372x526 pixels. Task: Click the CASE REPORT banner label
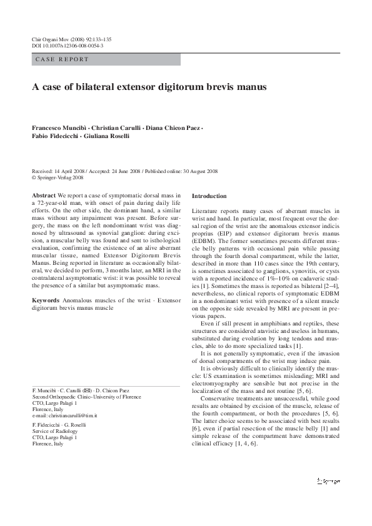(x=63, y=60)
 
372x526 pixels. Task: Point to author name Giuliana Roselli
(x=107, y=136)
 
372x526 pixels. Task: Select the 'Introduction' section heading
(x=209, y=196)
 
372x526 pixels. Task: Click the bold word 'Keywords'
(x=46, y=300)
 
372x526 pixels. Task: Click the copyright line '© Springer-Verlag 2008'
(x=59, y=177)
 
